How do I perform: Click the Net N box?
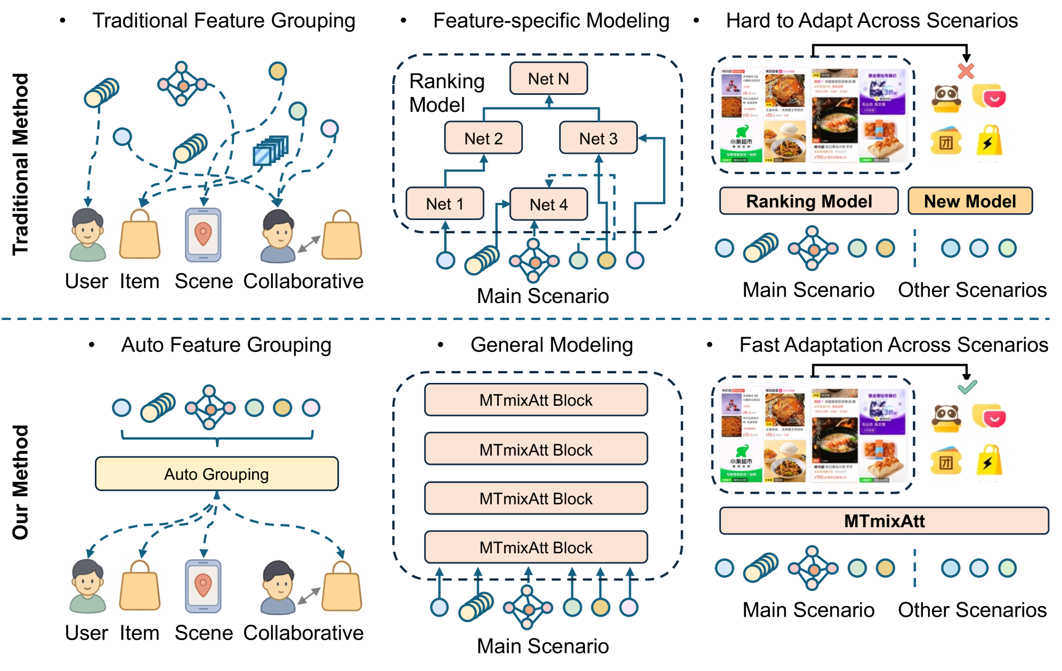pyautogui.click(x=548, y=79)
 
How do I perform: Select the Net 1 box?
pyautogui.click(x=444, y=203)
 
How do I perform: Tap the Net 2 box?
pyautogui.click(x=483, y=138)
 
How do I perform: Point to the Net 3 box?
pyautogui.click(x=598, y=138)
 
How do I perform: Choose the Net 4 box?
pyautogui.click(x=548, y=204)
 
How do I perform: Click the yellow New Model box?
pyautogui.click(x=970, y=201)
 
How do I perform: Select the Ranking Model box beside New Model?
pyautogui.click(x=808, y=201)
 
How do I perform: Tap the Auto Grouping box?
pyautogui.click(x=216, y=473)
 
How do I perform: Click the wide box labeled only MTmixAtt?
pyautogui.click(x=883, y=520)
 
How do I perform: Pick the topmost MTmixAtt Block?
pyautogui.click(x=536, y=399)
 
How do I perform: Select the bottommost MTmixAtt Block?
pyautogui.click(x=536, y=547)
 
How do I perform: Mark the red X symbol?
pyautogui.click(x=966, y=71)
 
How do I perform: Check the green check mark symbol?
pyautogui.click(x=967, y=387)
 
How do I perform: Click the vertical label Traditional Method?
pyautogui.click(x=20, y=164)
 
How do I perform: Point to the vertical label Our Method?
pyautogui.click(x=20, y=482)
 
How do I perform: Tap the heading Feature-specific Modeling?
pyautogui.click(x=551, y=21)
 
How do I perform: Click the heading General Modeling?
pyautogui.click(x=552, y=345)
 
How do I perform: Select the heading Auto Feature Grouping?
pyautogui.click(x=226, y=345)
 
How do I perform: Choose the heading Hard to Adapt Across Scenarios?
pyautogui.click(x=872, y=21)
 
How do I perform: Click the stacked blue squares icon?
pyautogui.click(x=271, y=150)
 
